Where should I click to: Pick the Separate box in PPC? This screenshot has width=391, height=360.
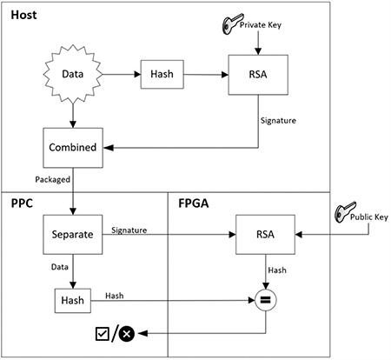point(70,235)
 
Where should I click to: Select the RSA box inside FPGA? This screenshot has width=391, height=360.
point(265,235)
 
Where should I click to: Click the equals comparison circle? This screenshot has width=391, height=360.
point(265,301)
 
